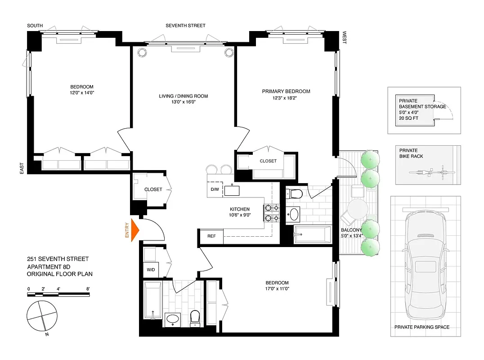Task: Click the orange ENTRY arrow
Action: pyautogui.click(x=134, y=230)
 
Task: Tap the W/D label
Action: pyautogui.click(x=150, y=270)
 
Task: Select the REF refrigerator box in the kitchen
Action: pyautogui.click(x=211, y=236)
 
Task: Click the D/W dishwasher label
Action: pyautogui.click(x=215, y=189)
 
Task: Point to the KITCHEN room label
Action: pyautogui.click(x=239, y=209)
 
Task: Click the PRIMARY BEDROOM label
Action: pyautogui.click(x=286, y=91)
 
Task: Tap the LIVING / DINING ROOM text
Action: pyautogui.click(x=183, y=96)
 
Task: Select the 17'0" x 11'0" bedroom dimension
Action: pyautogui.click(x=277, y=289)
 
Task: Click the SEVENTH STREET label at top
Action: pyautogui.click(x=185, y=26)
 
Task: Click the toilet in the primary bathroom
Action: pyautogui.click(x=296, y=194)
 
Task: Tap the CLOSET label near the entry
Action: pyautogui.click(x=153, y=189)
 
